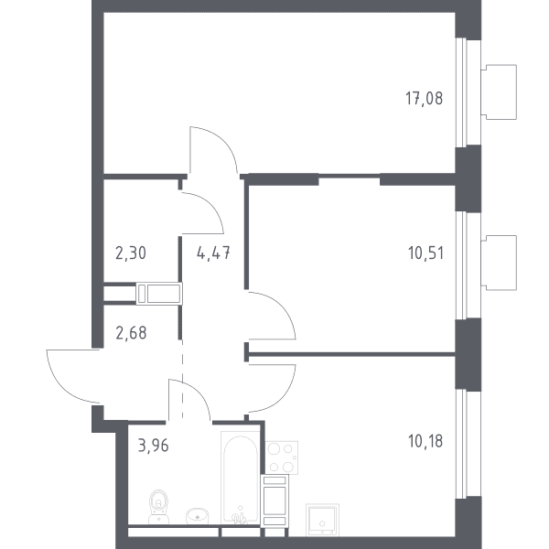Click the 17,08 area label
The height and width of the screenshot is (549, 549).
pyautogui.click(x=424, y=99)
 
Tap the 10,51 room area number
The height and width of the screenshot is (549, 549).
pyautogui.click(x=425, y=253)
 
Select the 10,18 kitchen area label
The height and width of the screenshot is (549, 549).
pyautogui.click(x=425, y=441)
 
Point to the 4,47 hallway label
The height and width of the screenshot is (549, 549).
pyautogui.click(x=213, y=253)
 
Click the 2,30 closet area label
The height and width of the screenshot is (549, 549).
pyautogui.click(x=131, y=253)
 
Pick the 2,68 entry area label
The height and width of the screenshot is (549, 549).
pyautogui.click(x=131, y=333)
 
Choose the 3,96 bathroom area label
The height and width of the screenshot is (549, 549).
pyautogui.click(x=154, y=446)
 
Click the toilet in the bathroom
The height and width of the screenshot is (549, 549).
pyautogui.click(x=158, y=507)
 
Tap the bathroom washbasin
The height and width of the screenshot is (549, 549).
pyautogui.click(x=197, y=516)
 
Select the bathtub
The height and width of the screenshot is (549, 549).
pyautogui.click(x=241, y=478)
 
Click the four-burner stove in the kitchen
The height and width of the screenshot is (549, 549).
pyautogui.click(x=282, y=457)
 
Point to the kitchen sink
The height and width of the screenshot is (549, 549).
pyautogui.click(x=322, y=520)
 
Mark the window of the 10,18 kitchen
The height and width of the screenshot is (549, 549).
pyautogui.click(x=462, y=443)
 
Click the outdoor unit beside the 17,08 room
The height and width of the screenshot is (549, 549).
pyautogui.click(x=499, y=92)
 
